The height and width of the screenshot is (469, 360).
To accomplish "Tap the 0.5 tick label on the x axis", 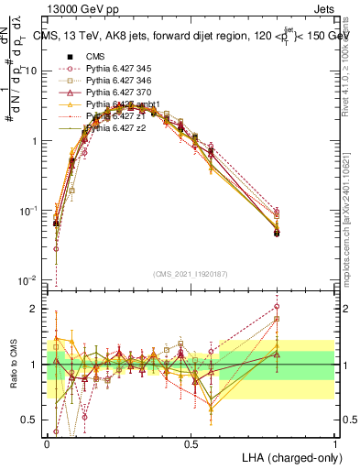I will tap(191, 442).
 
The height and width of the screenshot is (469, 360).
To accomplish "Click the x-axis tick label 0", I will tap(48, 442).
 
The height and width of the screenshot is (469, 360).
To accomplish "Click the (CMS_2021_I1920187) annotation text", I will tap(191, 273).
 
